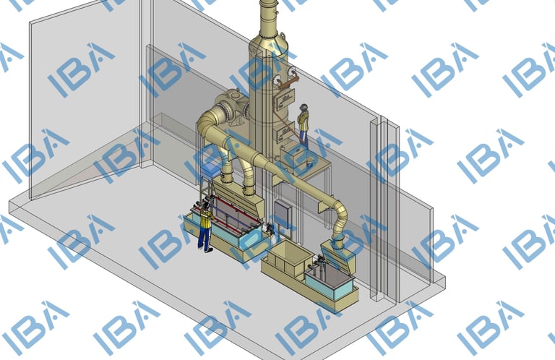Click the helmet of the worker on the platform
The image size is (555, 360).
point(304,106)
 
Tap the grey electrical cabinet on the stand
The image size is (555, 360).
point(283,213)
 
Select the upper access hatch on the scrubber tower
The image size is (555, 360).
point(285,99)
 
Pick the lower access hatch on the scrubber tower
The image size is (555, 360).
point(285,134)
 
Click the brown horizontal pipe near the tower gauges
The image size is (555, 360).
point(288,85)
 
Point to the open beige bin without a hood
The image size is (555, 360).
point(287,259)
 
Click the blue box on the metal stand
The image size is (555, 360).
point(210,171)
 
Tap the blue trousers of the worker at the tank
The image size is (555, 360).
point(205,236)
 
